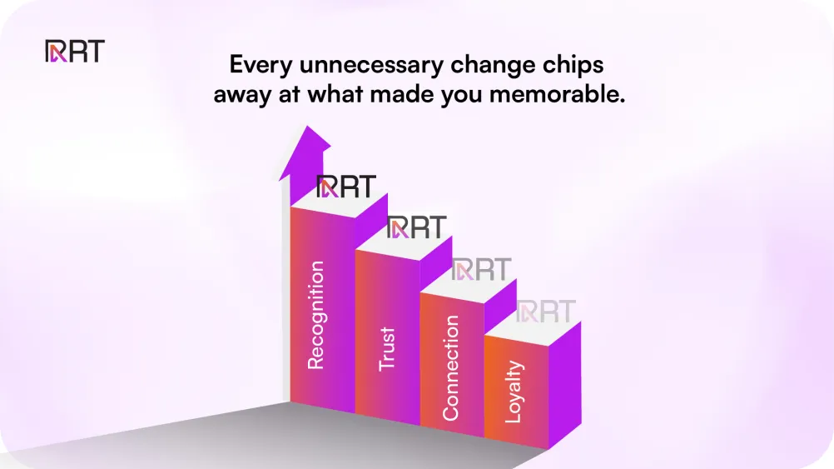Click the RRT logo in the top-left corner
[x=74, y=52]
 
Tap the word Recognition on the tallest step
[x=315, y=315]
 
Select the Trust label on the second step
[x=387, y=348]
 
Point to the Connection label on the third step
[x=451, y=367]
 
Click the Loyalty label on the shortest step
[x=514, y=391]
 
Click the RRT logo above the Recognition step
[x=345, y=187]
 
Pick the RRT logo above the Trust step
[x=416, y=227]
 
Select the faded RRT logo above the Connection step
[x=480, y=269]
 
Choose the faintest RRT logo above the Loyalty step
[x=545, y=312]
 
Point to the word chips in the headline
[x=574, y=66]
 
